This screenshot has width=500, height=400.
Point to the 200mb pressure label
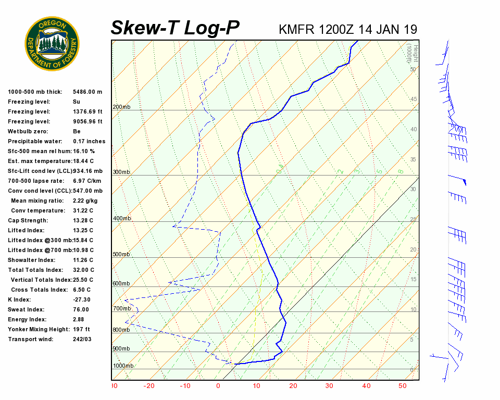pos(121,107)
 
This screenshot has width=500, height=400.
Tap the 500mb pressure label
pos(121,254)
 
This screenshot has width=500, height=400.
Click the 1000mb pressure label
pos(123,366)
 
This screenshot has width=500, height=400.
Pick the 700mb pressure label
pos(121,309)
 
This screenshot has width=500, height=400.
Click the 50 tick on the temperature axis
pos(402,386)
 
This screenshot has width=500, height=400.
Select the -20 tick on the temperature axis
pos(149,386)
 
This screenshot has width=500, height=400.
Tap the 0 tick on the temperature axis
pos(218,386)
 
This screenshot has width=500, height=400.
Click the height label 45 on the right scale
pos(414,99)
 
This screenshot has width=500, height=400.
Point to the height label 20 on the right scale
pos(414,250)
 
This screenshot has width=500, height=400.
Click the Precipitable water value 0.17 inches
pos(89,141)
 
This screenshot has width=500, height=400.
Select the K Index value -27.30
pos(82,299)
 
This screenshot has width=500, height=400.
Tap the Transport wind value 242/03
pos(82,339)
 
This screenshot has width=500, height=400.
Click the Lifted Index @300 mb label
pos(40,240)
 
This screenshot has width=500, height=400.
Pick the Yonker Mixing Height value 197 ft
pos(81,329)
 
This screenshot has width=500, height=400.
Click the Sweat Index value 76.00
pos(81,309)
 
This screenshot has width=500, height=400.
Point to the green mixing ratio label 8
pos(401,171)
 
